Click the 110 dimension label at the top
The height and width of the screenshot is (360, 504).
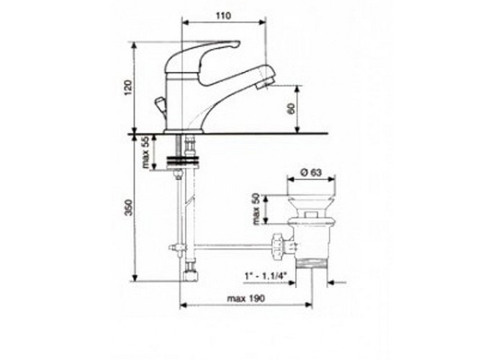tap(224, 16)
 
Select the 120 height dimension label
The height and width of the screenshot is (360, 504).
tap(128, 87)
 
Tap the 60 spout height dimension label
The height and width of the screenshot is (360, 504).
tap(291, 109)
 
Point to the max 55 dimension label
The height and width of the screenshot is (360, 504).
tap(146, 153)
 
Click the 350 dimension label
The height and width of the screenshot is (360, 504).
tap(129, 207)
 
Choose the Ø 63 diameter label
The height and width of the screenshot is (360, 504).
tap(311, 173)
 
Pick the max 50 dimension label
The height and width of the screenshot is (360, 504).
tap(256, 209)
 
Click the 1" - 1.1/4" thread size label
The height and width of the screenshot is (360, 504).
tap(266, 276)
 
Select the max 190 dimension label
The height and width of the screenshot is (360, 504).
tap(246, 298)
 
